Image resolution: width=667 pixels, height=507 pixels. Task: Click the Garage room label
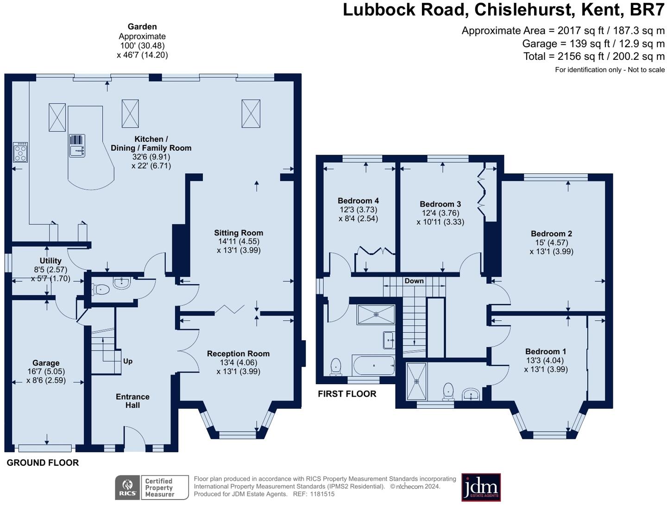pos(46,363)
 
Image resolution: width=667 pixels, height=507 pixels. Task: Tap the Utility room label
pos(50,261)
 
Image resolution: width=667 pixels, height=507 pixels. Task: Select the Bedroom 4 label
pos(358,201)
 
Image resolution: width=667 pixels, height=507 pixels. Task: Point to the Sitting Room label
pos(239,233)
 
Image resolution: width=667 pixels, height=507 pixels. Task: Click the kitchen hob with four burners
pos(20,152)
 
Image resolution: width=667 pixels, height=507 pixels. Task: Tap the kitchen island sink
pos(77,150)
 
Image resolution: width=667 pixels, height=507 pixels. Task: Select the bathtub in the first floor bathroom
pos(373,366)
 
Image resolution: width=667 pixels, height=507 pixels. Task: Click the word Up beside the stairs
pos(128,361)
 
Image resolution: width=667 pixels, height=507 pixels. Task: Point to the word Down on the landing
pos(414,281)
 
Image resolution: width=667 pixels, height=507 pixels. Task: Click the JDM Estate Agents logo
pos(481,487)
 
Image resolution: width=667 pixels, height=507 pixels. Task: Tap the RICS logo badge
pos(127,488)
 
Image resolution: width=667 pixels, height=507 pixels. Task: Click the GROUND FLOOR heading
pos(43,463)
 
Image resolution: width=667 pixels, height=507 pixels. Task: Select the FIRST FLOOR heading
pos(347,394)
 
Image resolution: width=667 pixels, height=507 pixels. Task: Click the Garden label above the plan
pos(142,27)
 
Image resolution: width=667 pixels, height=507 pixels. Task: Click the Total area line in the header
pos(594,57)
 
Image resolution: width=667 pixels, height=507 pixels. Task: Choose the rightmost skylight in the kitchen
pos(251,113)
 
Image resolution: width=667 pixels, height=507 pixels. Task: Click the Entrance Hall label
pos(132,401)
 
